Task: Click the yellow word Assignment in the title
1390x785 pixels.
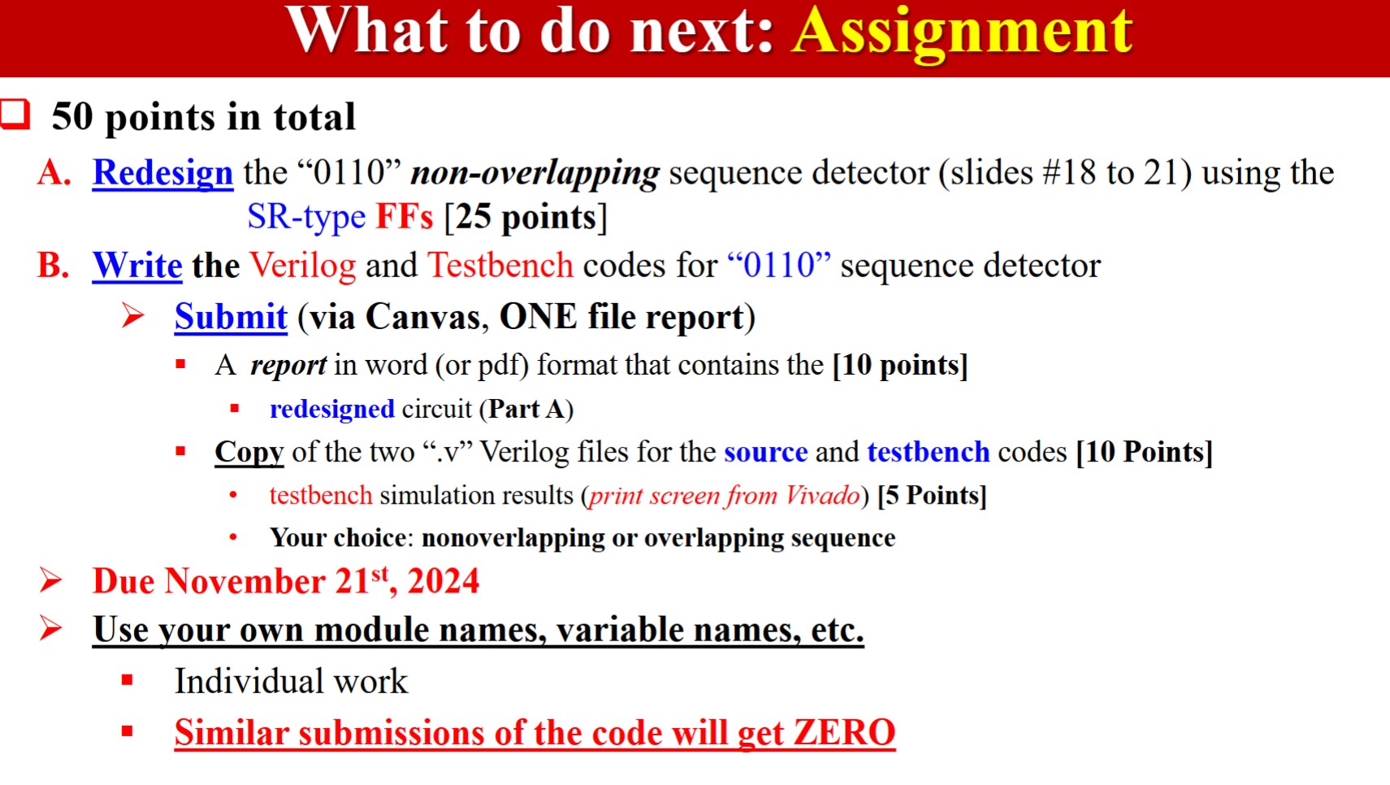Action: click(x=962, y=33)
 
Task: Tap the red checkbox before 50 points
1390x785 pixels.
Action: click(x=15, y=115)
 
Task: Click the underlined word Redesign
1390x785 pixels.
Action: click(x=162, y=173)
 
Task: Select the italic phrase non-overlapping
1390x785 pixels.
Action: click(x=535, y=173)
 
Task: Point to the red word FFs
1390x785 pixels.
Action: click(x=404, y=217)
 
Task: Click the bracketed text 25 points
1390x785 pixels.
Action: click(x=526, y=217)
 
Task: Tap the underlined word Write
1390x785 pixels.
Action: click(x=137, y=266)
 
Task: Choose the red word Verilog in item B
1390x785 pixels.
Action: click(x=302, y=266)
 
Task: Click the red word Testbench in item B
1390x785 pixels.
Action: click(x=500, y=266)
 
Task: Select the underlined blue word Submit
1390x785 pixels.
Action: click(x=231, y=317)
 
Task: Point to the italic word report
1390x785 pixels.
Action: click(x=288, y=366)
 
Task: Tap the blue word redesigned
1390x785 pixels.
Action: click(x=331, y=409)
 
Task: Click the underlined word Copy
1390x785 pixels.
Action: click(x=249, y=452)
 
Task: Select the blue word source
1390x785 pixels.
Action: click(x=765, y=452)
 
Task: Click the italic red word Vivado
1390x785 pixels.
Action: click(x=822, y=496)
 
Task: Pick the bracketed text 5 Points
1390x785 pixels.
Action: click(x=932, y=496)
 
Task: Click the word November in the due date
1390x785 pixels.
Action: click(x=245, y=582)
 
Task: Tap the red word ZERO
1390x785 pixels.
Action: click(x=844, y=733)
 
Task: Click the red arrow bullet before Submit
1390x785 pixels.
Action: click(x=133, y=315)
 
